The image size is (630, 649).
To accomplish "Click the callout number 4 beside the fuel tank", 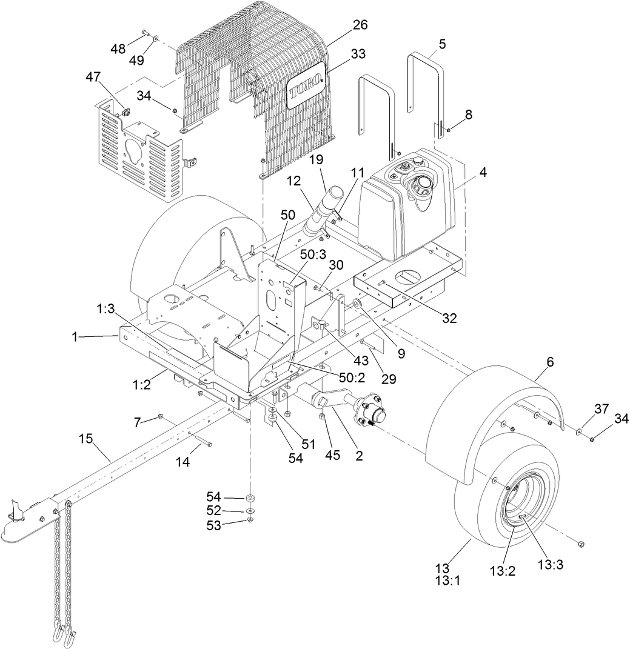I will point(483,172).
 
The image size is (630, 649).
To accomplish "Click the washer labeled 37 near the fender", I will point(580,430).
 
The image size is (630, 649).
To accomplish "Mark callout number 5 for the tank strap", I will point(442,44).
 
